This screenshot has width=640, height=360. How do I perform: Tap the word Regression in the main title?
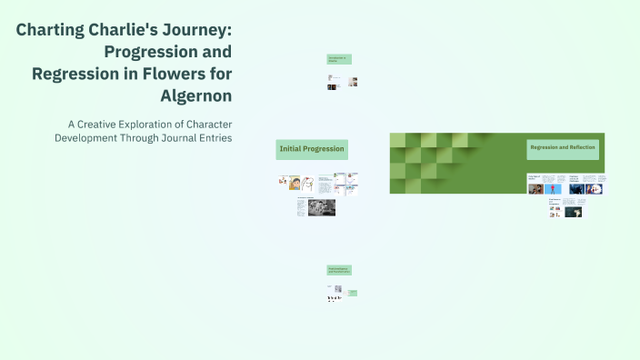pos(75,73)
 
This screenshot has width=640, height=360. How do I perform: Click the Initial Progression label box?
pos(312,148)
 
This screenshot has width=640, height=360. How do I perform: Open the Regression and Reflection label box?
pos(563,147)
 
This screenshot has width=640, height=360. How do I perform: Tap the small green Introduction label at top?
pos(338,59)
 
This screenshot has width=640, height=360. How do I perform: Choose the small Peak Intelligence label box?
pos(338,270)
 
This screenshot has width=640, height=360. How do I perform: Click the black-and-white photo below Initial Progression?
pos(321,207)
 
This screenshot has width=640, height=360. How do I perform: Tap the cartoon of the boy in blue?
pos(295,182)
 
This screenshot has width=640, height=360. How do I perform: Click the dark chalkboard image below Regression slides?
pos(573,212)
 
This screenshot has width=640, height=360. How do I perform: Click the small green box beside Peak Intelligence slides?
pos(352,293)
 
